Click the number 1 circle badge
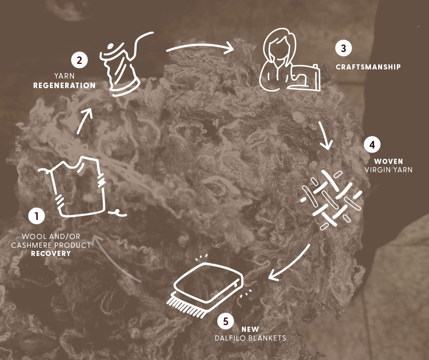coord(37,216)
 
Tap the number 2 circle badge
coord(79,60)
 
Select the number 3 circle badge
coord(344,48)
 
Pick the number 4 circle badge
coord(372,144)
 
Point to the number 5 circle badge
coord(226,321)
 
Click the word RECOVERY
coord(51,254)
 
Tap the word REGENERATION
coord(65,86)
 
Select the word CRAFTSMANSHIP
coord(368,67)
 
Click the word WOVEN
coord(388,161)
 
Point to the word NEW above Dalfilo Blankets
coord(250,329)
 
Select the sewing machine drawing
coord(304,78)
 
